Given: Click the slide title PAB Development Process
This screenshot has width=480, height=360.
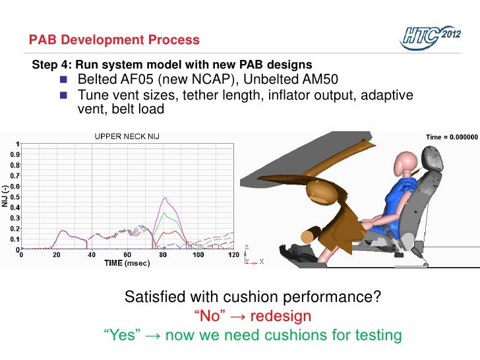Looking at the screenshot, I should coord(114,40).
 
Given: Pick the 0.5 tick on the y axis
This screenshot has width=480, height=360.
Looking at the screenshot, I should coord(13,197).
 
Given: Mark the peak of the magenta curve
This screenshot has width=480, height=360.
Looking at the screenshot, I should coord(164,198).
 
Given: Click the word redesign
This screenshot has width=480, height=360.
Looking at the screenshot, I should coord(276,316).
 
